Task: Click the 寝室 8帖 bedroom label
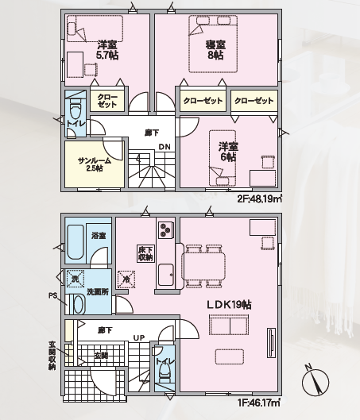[215, 50]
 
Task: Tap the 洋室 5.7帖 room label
[107, 50]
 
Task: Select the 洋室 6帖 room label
[228, 152]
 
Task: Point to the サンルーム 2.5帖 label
[95, 164]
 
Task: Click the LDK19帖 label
[229, 305]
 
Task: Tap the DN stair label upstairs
[165, 147]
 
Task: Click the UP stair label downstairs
[139, 337]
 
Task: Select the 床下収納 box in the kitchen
[145, 253]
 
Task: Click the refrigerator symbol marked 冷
[126, 279]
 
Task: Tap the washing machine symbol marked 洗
[75, 279]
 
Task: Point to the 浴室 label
[99, 236]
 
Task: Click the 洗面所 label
[98, 291]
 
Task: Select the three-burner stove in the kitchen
[165, 229]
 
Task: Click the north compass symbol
[315, 381]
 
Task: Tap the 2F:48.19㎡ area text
[260, 199]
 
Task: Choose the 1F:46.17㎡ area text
[260, 403]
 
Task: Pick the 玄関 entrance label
[101, 356]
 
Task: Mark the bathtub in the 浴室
[75, 242]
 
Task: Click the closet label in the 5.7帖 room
[107, 101]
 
